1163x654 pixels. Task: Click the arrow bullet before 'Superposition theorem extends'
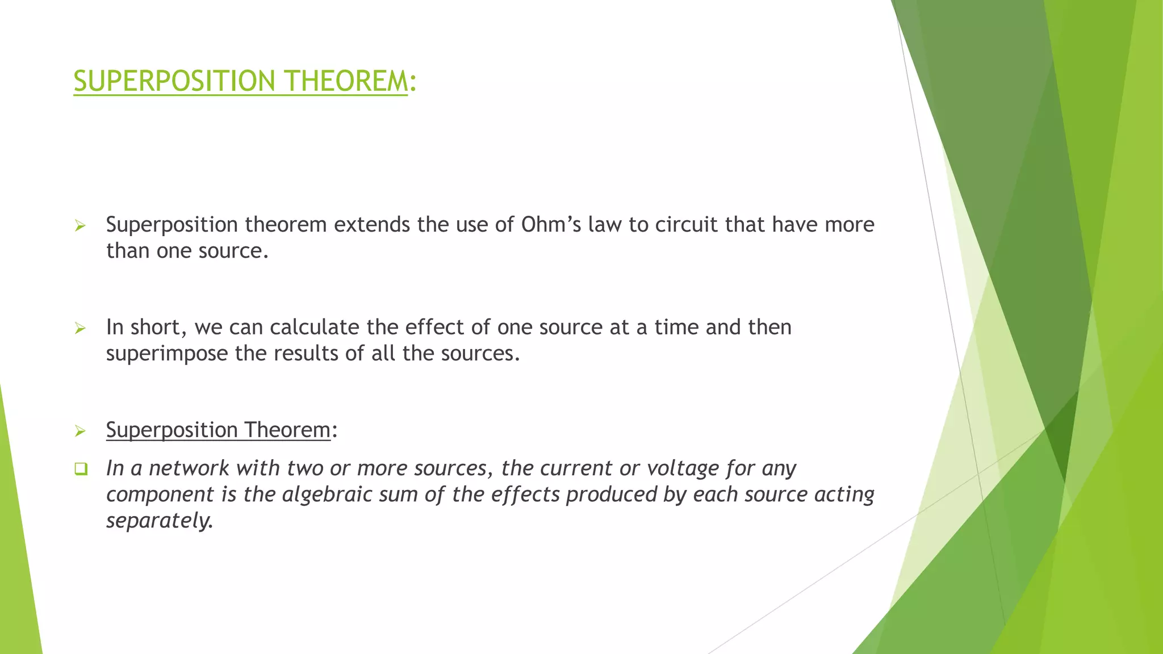pyautogui.click(x=80, y=226)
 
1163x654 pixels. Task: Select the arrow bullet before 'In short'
pyautogui.click(x=80, y=328)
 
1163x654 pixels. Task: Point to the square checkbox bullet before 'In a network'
pyautogui.click(x=81, y=469)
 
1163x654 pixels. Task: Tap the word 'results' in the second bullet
pyautogui.click(x=306, y=354)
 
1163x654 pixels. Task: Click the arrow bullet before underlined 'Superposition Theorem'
pyautogui.click(x=80, y=431)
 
